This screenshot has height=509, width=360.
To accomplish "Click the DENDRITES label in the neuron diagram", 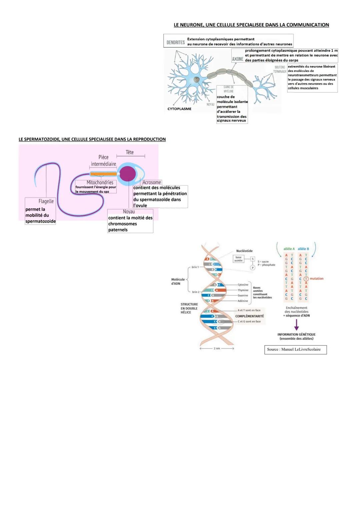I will click(176, 42).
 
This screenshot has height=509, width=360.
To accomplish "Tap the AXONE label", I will click(238, 59).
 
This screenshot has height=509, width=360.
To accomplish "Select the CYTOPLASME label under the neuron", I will click(179, 109).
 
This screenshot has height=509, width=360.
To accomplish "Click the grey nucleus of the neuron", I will click(197, 80).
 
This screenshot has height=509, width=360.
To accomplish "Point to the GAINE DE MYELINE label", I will click(229, 89).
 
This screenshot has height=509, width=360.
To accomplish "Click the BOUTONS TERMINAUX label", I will click(280, 69).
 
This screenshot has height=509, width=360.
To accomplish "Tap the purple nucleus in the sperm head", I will click(128, 174).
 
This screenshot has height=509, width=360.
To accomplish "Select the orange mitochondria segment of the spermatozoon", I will click(103, 174).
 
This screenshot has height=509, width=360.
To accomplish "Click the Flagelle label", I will click(46, 201).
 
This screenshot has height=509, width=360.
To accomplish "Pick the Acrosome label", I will click(152, 182).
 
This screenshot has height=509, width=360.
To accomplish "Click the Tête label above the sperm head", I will click(130, 152).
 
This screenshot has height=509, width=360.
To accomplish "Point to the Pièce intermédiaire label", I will click(103, 160).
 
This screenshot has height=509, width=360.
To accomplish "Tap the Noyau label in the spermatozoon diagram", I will click(129, 212).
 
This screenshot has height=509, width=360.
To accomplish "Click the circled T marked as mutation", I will click(306, 279).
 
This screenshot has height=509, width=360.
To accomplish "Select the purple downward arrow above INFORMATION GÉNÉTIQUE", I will click(296, 325).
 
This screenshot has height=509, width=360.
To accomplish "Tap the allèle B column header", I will click(303, 249).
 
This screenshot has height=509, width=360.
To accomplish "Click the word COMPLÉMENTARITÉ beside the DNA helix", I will click(249, 316).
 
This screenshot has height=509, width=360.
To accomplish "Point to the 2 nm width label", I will click(217, 348).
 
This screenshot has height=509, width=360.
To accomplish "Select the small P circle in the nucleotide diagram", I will click(253, 268).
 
